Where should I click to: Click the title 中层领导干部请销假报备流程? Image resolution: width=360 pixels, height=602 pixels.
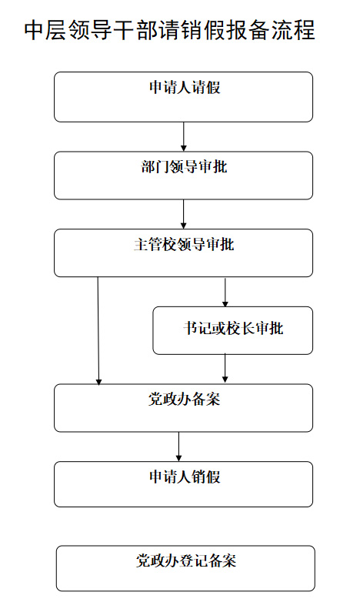170,30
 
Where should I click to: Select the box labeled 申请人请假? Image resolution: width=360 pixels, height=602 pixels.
183,97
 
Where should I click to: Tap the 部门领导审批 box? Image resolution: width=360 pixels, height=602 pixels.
183,176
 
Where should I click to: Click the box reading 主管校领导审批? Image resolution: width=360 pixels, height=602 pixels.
183,253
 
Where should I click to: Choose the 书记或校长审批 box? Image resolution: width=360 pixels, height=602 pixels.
232,330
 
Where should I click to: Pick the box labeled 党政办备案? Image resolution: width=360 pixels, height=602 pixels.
183,408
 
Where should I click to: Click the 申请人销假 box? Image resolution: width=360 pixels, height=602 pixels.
183,484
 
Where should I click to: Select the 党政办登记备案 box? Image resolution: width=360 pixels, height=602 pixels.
185,569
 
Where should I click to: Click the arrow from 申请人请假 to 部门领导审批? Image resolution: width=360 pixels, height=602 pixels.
183,137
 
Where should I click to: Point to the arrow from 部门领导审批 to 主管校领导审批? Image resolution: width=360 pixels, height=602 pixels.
183,214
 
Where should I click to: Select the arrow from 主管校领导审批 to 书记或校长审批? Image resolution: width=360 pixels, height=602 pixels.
225,292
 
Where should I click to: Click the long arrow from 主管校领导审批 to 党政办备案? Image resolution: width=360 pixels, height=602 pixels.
98,330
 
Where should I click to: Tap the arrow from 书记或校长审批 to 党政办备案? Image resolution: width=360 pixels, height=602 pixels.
225,368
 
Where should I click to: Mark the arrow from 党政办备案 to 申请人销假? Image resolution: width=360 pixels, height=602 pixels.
178,446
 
